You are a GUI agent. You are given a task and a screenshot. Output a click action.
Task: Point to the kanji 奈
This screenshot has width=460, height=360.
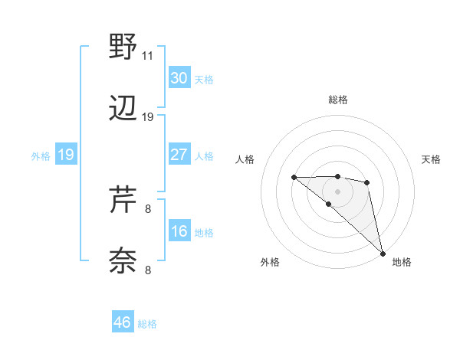pyautogui.click(x=123, y=260)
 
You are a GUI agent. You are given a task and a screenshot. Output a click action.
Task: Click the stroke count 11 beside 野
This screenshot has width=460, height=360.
pyautogui.click(x=148, y=56)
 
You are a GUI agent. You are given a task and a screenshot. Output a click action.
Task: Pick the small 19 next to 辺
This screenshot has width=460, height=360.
pyautogui.click(x=148, y=117)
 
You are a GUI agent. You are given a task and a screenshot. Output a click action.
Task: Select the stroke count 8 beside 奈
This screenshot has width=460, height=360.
pyautogui.click(x=148, y=270)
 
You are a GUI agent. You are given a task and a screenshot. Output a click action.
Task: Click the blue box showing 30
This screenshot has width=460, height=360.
pyautogui.click(x=179, y=78)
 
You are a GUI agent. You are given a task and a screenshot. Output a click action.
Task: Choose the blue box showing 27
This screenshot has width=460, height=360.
pyautogui.click(x=179, y=155)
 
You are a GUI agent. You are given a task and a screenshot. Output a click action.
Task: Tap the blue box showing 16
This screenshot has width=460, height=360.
pyautogui.click(x=179, y=231)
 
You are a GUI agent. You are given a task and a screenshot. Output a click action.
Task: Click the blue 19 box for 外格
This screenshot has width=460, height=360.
pyautogui.click(x=66, y=155)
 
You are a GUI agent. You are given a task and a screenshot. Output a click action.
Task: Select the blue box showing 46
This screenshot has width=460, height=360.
pyautogui.click(x=123, y=322)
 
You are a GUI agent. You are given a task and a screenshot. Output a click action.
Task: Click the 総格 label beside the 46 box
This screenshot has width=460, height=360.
pyautogui.click(x=148, y=324)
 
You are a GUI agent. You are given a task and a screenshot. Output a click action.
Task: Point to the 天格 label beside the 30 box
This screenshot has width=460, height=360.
pyautogui.click(x=204, y=80)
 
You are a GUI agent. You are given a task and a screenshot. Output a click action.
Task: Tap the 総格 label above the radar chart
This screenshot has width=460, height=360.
pyautogui.click(x=338, y=100)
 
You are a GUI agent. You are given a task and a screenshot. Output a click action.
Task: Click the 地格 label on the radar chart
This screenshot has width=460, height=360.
pyautogui.click(x=402, y=262)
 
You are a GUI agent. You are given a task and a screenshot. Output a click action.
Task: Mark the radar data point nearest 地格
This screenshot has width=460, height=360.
pyautogui.click(x=382, y=253)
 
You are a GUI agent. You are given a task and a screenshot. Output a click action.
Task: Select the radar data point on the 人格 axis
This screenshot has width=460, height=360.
pyautogui.click(x=294, y=178)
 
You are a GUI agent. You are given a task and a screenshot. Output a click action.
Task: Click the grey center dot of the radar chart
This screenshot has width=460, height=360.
pyautogui.click(x=338, y=191)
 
